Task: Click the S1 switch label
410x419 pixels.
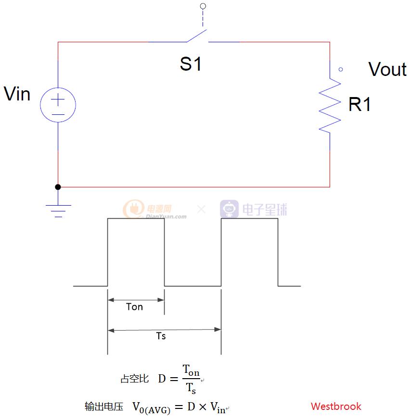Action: pos(191,64)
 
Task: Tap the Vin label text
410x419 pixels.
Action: pos(17,94)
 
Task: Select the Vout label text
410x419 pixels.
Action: pos(387,70)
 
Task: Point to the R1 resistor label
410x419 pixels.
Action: pos(359,104)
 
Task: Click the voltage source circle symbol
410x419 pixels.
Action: pos(58,104)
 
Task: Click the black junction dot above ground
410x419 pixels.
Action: pos(58,187)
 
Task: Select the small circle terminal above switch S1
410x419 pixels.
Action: pos(203,6)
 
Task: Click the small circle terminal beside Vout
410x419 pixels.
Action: pos(341,69)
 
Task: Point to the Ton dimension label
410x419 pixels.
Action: pos(134,307)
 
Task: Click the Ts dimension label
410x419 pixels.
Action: pos(161,336)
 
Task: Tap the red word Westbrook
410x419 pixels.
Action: pos(336,407)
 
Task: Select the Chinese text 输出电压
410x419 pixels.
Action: pos(103,407)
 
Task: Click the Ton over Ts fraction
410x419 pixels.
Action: pos(191,379)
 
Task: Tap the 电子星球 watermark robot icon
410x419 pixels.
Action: pos(230,209)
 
